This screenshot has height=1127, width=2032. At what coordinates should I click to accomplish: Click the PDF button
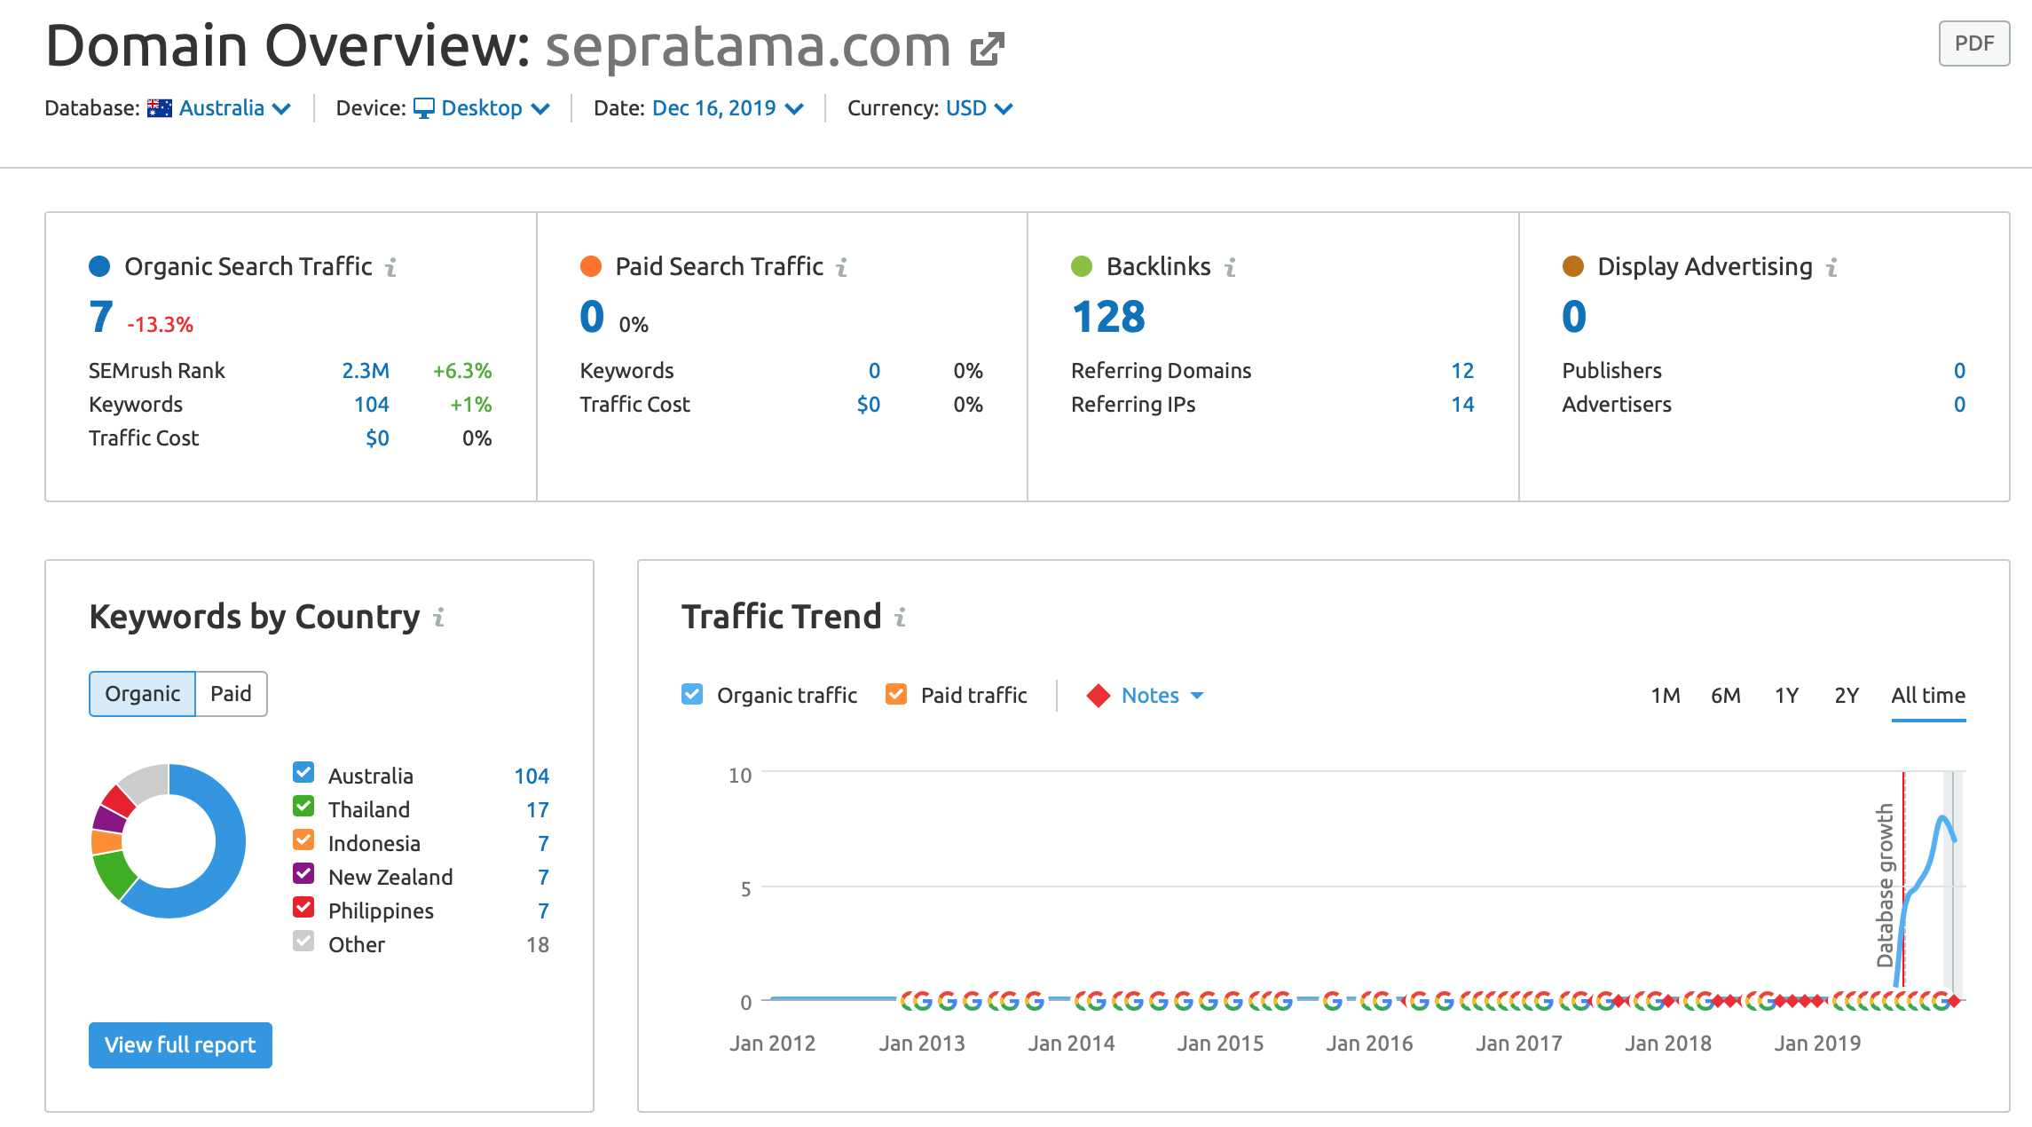pos(1973,43)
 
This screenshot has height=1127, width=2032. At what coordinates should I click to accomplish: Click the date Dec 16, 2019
pos(727,108)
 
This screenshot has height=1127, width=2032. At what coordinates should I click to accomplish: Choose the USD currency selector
pos(978,108)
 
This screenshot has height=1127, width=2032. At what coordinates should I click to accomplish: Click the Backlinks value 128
pos(1108,317)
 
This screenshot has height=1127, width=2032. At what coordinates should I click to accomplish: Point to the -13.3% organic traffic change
pos(160,325)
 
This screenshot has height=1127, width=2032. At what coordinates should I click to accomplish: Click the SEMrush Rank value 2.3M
pos(366,371)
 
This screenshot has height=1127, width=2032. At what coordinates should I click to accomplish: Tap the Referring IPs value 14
pos(1462,405)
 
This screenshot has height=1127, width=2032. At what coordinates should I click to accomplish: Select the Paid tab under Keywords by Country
pos(231,694)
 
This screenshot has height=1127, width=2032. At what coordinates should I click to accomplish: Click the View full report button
pos(180,1045)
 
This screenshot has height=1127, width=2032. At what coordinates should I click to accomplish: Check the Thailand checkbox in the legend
pos(303,807)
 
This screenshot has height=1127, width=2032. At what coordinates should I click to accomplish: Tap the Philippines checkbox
pos(303,908)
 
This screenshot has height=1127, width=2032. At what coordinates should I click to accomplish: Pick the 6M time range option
pos(1725,696)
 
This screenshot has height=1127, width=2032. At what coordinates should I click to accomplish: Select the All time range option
pos(1928,696)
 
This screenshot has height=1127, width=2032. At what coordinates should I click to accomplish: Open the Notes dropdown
pos(1161,696)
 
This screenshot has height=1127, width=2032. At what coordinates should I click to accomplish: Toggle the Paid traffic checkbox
pos(896,695)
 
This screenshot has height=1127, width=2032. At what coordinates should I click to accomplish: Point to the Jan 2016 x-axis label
pos(1369,1044)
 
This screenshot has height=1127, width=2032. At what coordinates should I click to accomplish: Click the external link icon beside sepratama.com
pos(987,49)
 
